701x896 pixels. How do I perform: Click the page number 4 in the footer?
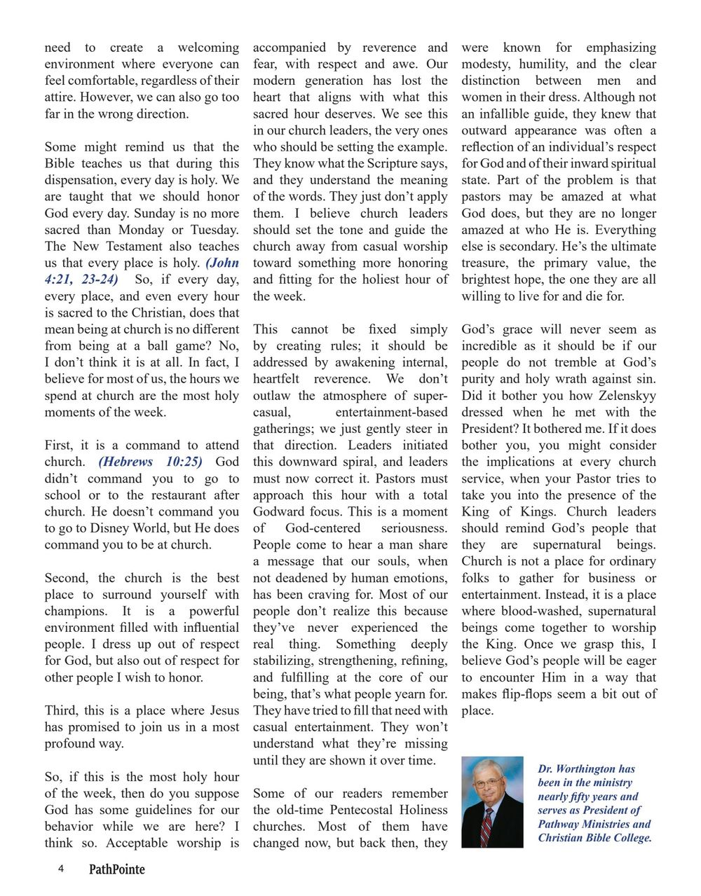coord(61,869)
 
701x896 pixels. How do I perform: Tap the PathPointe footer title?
coord(116,869)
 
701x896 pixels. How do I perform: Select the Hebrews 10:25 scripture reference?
coord(150,462)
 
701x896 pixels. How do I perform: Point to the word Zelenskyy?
coord(620,395)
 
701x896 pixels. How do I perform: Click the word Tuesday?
coord(214,230)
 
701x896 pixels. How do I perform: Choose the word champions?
coord(75,611)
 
